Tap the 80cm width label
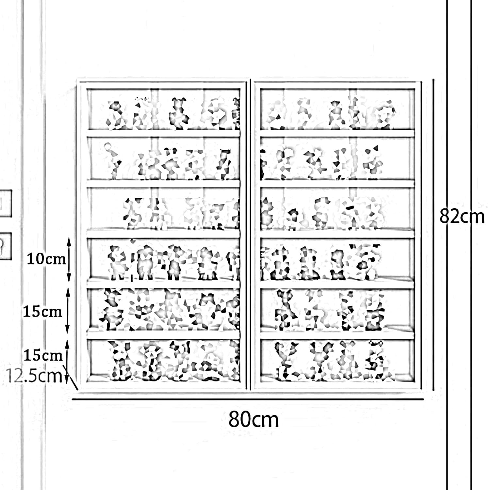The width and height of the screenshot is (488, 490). click(x=253, y=420)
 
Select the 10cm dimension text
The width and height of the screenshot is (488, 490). click(x=46, y=259)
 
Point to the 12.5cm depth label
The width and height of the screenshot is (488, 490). click(x=34, y=376)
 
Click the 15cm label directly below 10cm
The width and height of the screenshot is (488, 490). click(x=42, y=312)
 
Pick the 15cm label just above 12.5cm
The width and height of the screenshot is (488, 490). click(x=43, y=355)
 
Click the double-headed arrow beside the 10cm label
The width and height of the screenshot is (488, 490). click(x=69, y=259)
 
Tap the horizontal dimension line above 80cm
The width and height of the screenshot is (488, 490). click(x=247, y=399)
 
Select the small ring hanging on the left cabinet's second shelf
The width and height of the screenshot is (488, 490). click(x=107, y=147)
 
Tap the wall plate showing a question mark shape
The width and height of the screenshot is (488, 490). click(x=5, y=246)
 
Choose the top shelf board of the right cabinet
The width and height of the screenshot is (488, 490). click(x=337, y=133)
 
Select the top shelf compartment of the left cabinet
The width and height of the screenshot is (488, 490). click(x=163, y=109)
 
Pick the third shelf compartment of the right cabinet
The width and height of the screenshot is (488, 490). click(x=337, y=209)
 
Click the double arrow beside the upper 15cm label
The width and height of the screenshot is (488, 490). click(x=68, y=311)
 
